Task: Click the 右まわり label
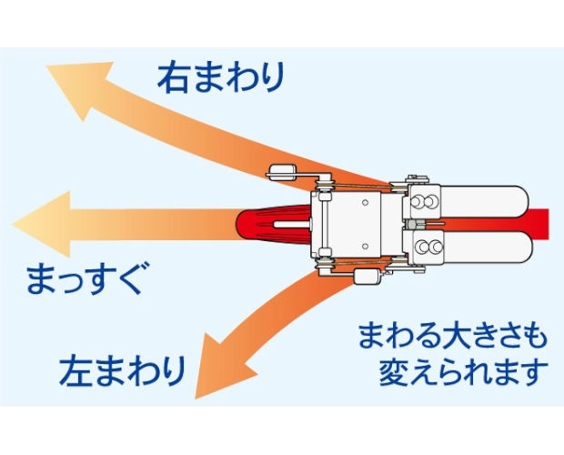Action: click(x=221, y=77)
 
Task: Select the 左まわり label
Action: click(x=122, y=371)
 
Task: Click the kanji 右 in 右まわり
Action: click(x=173, y=77)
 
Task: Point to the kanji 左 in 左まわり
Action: click(x=75, y=371)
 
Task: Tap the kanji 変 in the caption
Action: click(x=395, y=372)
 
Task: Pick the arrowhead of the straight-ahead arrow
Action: click(x=41, y=224)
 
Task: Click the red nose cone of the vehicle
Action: click(x=274, y=225)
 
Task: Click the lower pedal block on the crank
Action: click(x=367, y=277)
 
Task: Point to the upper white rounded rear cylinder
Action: click(x=484, y=202)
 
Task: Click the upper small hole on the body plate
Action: click(x=365, y=203)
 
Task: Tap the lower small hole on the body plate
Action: click(x=365, y=247)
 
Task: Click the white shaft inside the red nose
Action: click(x=292, y=225)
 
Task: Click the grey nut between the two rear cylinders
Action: click(x=411, y=225)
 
